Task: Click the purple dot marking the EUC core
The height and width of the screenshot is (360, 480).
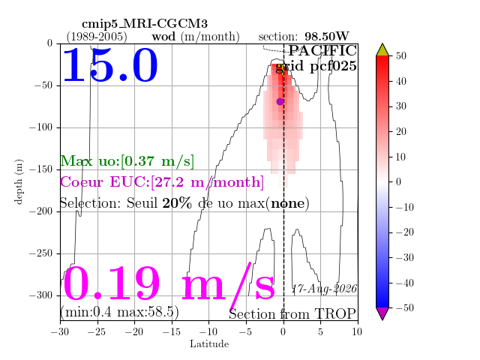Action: point(280,102)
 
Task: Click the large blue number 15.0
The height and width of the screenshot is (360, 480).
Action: point(110,65)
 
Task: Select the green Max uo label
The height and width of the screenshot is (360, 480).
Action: point(127,161)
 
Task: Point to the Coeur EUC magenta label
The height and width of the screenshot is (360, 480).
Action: point(162,182)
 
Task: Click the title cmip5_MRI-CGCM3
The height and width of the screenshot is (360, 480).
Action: point(145,24)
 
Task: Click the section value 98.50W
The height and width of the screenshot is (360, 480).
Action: point(327,37)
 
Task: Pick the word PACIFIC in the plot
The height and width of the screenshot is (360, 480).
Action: point(322,51)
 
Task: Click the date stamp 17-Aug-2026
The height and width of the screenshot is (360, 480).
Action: point(325,289)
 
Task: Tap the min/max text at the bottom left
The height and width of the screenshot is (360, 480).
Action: point(119,312)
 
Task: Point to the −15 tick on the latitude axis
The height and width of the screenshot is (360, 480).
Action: point(172,331)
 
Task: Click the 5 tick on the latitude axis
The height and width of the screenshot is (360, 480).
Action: point(320,331)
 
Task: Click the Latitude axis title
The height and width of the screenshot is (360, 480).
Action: point(209,344)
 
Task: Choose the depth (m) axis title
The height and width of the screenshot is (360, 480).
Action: point(19,181)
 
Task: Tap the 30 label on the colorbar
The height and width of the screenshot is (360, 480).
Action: point(400,106)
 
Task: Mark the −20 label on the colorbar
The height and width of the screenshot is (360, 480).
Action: point(404,232)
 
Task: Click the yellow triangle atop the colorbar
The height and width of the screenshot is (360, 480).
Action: point(382,50)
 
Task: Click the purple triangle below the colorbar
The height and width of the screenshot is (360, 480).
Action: point(382,313)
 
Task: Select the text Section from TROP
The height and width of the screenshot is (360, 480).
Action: point(292,314)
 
